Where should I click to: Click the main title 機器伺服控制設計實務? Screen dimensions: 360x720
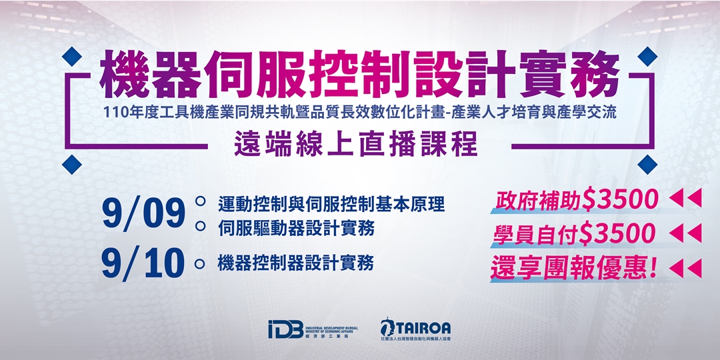[x=360, y=75]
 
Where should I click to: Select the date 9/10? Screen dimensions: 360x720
[x=143, y=263]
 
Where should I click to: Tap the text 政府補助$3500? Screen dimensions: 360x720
[x=577, y=199]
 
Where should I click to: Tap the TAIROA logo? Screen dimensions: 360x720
[x=415, y=329]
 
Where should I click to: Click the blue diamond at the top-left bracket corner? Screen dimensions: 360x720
[x=72, y=56]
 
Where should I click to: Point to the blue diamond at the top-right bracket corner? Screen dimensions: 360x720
[x=647, y=56]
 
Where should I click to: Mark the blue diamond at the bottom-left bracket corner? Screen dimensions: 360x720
[x=72, y=163]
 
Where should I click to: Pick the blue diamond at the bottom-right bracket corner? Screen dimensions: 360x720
[x=647, y=163]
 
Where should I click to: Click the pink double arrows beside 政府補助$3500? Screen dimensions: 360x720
[x=685, y=198]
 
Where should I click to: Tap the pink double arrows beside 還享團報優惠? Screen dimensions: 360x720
[x=685, y=268]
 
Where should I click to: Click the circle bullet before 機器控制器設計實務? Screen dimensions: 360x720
[x=199, y=263]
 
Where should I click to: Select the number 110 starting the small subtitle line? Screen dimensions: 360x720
[x=115, y=113]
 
